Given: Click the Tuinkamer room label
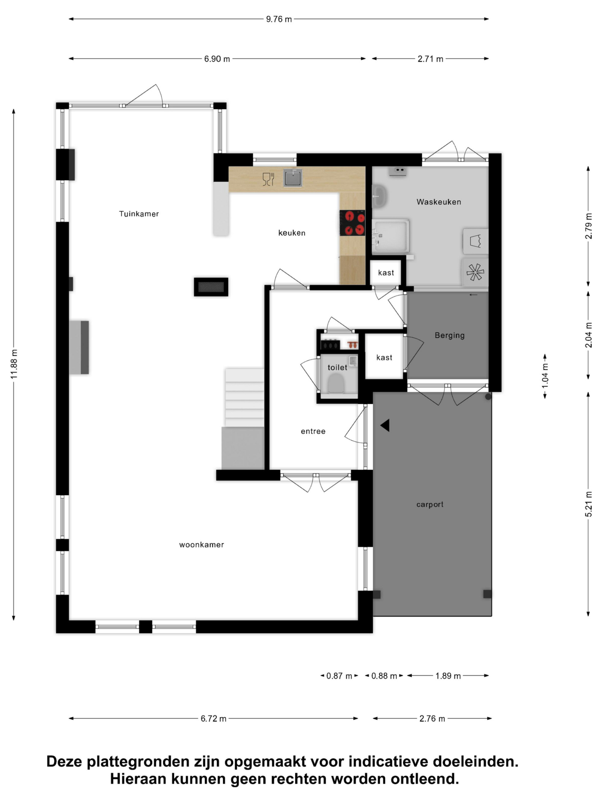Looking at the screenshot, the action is [x=139, y=214].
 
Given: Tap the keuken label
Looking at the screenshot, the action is [x=292, y=233].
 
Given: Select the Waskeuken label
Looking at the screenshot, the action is [x=439, y=202].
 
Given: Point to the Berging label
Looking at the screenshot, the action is [x=450, y=335].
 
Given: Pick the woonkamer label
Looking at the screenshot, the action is [x=201, y=545].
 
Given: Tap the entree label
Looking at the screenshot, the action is [x=313, y=431].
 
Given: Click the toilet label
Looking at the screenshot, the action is [x=337, y=367].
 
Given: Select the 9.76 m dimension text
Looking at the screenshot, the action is [x=279, y=19].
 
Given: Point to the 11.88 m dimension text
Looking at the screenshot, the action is [x=14, y=364].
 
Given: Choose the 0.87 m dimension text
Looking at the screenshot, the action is [x=339, y=676].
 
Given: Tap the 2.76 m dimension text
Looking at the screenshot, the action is [x=432, y=719].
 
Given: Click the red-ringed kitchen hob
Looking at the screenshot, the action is [x=352, y=223].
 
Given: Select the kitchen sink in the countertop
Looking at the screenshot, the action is [x=293, y=178].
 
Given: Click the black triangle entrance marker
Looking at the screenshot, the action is [x=385, y=425].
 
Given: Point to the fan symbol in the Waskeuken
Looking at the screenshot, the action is [x=475, y=272].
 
